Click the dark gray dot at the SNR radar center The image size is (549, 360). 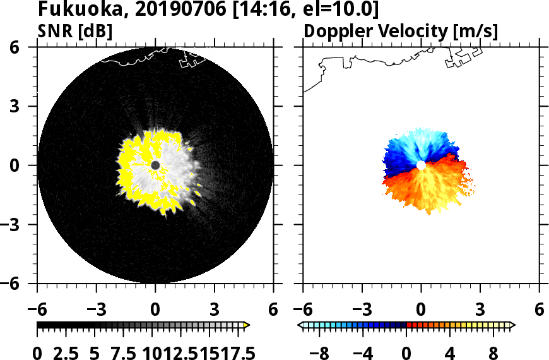tap(155, 165)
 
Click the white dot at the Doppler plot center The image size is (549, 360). tap(421, 165)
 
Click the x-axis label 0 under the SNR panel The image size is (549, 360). tap(155, 310)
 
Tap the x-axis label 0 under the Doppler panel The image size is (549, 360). tap(421, 310)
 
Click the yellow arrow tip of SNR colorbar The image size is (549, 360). tap(247, 325)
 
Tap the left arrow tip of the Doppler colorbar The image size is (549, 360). tap(300, 325)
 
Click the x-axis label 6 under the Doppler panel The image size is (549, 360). tap(538, 310)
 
